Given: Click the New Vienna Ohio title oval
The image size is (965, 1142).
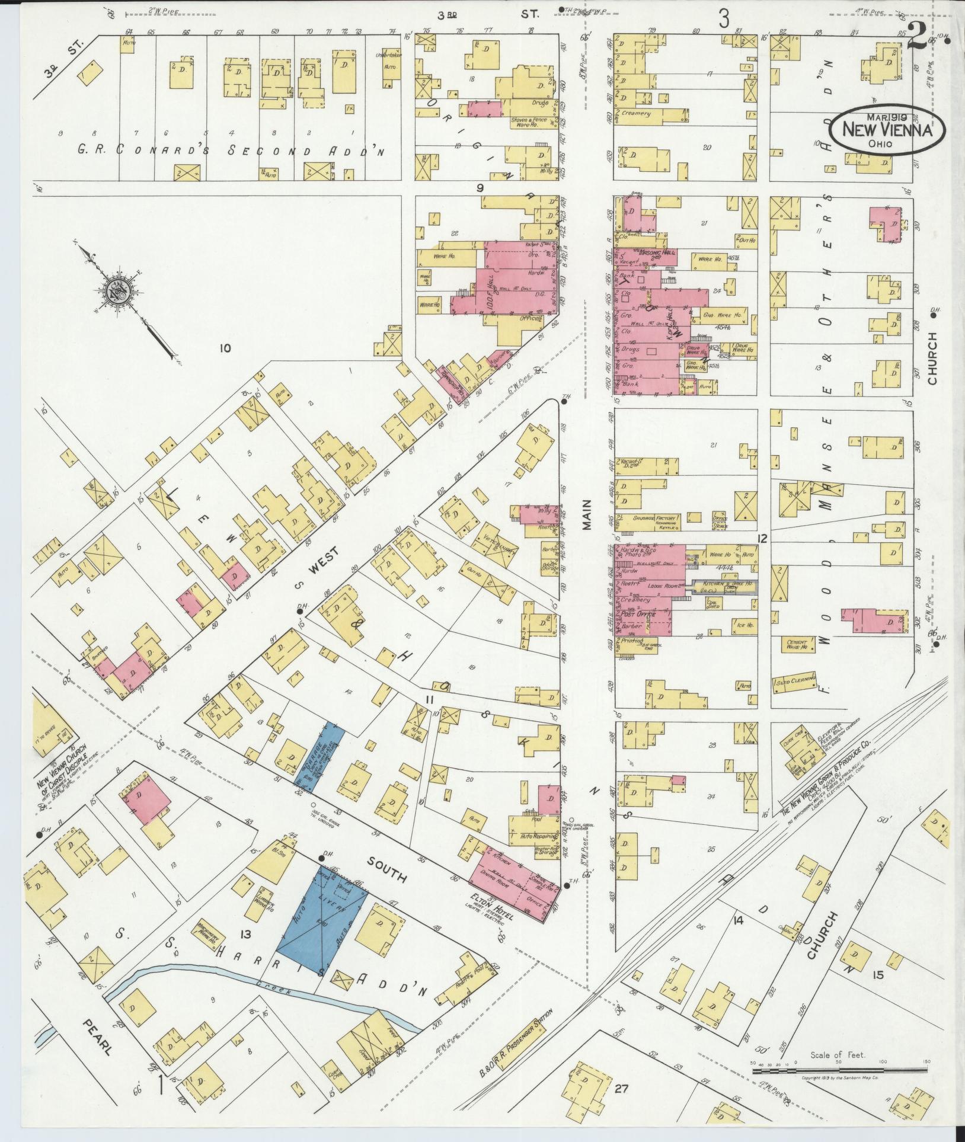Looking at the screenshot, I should pos(887,131).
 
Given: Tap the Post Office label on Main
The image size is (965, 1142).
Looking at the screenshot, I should pos(637,615).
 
